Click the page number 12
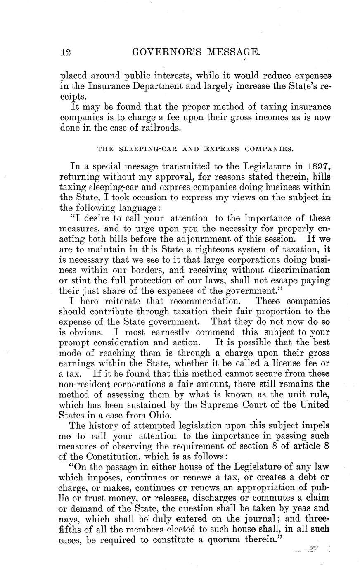tap(66, 52)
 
